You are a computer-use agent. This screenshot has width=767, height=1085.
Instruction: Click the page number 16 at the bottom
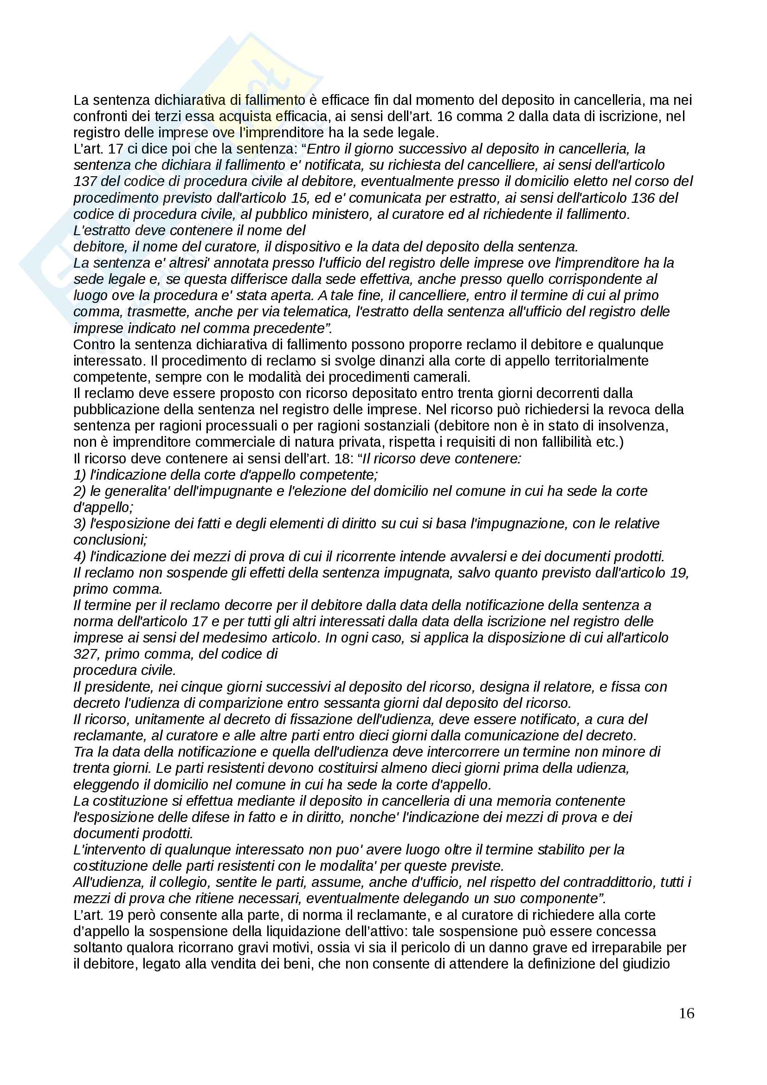click(x=686, y=1013)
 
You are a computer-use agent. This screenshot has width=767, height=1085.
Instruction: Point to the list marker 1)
click(x=80, y=475)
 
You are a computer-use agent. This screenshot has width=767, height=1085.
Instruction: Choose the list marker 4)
click(x=80, y=556)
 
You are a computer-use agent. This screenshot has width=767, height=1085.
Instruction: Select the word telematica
click(x=383, y=312)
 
